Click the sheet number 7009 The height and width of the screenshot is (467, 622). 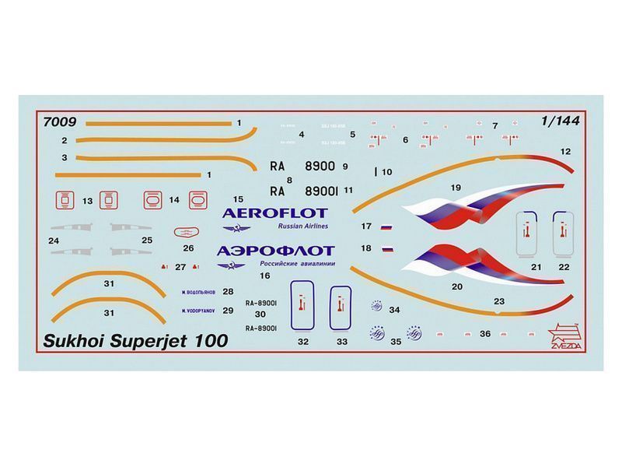[x=60, y=121]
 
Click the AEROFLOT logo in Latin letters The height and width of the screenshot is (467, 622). [x=274, y=212]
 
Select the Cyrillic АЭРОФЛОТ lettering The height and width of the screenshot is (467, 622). [x=276, y=251]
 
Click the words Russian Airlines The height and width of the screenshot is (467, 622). [x=303, y=226]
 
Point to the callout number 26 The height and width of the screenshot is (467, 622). [x=188, y=249]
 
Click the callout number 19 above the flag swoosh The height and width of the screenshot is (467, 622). [x=456, y=188]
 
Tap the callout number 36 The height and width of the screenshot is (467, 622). [x=485, y=333]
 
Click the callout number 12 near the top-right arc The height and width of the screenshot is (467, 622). [x=565, y=151]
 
